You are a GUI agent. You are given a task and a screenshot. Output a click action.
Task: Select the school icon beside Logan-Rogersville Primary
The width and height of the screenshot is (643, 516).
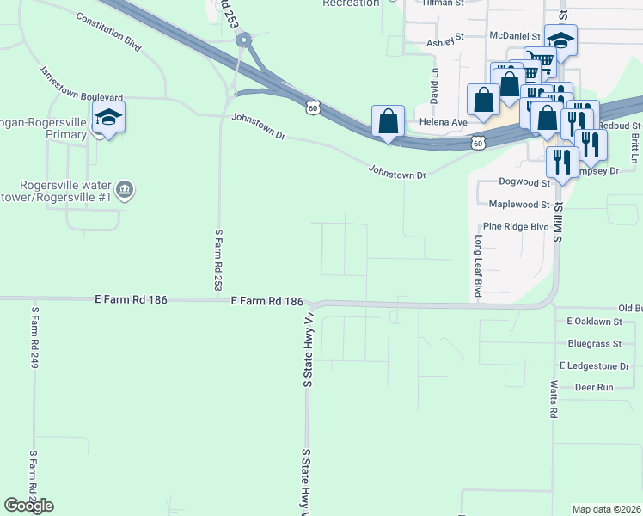click(109, 117)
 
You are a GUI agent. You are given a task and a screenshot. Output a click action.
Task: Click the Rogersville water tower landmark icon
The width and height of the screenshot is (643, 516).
click(125, 189)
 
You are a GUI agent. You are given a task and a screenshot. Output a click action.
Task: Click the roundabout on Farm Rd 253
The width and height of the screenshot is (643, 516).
click(245, 39)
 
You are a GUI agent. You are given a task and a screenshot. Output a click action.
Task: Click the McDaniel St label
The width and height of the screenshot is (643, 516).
click(514, 36)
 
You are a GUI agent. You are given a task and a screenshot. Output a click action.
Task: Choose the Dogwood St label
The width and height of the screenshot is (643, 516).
click(524, 182)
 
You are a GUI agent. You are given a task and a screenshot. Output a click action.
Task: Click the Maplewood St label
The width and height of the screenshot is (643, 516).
click(518, 205)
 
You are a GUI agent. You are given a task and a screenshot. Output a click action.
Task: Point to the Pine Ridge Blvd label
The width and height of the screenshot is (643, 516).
click(515, 226)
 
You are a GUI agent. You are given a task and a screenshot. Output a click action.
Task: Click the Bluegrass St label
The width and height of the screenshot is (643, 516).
click(594, 344)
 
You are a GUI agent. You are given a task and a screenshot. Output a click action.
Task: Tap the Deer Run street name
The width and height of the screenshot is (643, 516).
click(593, 387)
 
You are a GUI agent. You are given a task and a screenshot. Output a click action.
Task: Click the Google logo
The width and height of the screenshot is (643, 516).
click(29, 506)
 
